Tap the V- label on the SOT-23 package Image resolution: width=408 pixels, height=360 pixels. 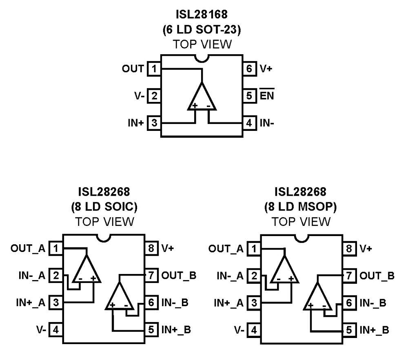(138, 96)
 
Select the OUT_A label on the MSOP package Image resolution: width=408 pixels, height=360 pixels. (228, 248)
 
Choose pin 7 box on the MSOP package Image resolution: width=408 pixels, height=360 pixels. (348, 275)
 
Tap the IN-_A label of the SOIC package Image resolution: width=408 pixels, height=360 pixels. (34, 275)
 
